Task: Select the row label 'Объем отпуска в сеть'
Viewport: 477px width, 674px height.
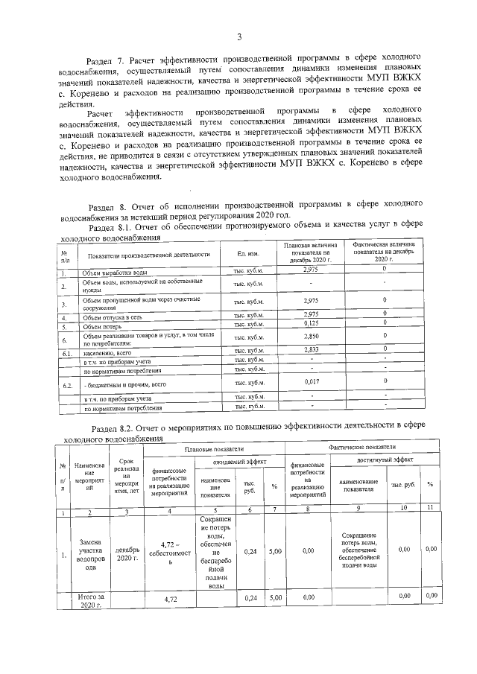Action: [113, 317]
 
